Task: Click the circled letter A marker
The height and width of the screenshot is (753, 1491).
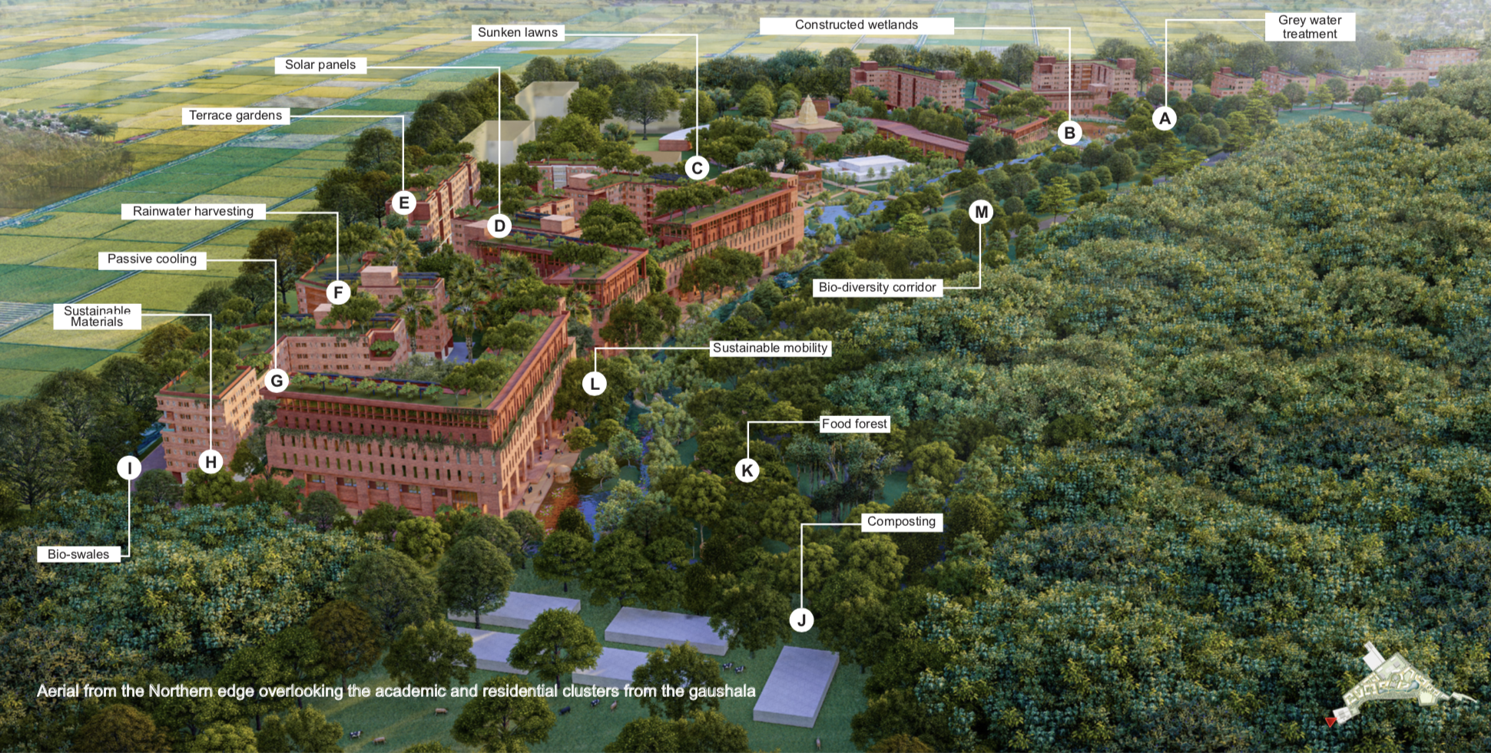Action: pos(1165,118)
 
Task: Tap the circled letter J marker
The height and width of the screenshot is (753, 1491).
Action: pos(801,620)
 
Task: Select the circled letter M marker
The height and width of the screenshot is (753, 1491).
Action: pos(981,212)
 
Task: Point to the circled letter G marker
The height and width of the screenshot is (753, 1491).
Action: pos(277,381)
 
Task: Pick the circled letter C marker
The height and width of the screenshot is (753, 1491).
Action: pos(697,168)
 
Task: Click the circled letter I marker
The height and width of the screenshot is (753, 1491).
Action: pos(129,467)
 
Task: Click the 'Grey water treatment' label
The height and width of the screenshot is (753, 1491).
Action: pos(1310,27)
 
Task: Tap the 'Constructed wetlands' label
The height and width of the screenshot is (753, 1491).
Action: pos(856,25)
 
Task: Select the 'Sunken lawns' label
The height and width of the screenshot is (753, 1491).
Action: pos(518,32)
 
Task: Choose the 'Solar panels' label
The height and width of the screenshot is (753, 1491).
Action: pos(320,65)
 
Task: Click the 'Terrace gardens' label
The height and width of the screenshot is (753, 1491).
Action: pos(236,116)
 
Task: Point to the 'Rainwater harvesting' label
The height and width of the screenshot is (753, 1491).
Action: pos(193,211)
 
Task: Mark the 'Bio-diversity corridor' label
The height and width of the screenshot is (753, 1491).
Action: pos(877,287)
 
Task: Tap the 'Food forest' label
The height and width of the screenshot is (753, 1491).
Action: pos(854,424)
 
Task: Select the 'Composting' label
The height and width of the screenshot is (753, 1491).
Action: pos(901,522)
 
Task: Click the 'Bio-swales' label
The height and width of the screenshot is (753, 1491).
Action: pos(78,554)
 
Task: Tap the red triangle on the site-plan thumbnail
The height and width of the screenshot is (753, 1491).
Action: pos(1330,722)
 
